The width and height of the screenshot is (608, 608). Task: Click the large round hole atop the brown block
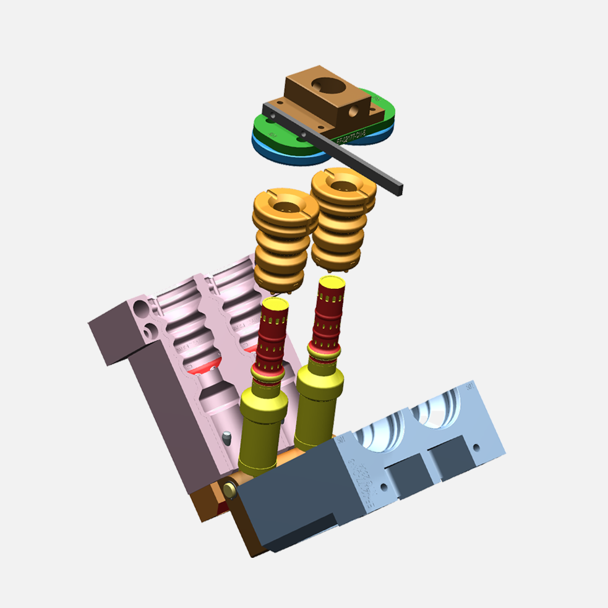[x=325, y=84]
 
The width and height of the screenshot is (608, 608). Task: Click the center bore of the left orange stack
[x=286, y=209]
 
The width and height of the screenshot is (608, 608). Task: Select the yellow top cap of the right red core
[x=332, y=283]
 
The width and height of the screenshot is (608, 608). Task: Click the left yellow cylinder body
[x=260, y=433]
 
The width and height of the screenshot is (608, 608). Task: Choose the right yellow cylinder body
[x=317, y=408]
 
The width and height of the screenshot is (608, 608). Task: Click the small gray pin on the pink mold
[x=227, y=438]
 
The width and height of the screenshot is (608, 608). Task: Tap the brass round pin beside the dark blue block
[x=230, y=489]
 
